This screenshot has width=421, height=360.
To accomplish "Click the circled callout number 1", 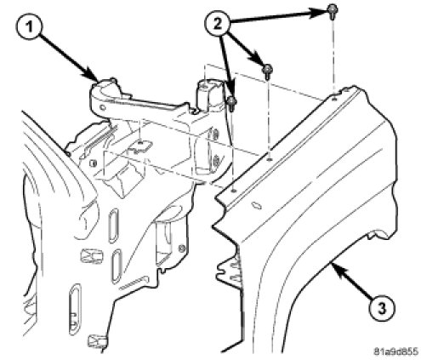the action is (29, 27).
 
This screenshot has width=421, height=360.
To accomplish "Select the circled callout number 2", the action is (218, 24).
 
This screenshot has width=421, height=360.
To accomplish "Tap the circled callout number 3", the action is (382, 309).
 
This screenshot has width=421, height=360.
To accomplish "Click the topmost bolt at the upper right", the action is (332, 11).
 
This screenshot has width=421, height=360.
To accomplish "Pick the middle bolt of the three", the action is (267, 71).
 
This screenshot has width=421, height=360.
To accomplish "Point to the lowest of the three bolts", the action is (232, 103).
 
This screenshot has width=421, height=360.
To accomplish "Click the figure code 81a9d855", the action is (395, 351).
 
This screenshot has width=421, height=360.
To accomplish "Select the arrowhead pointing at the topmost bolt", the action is (320, 13).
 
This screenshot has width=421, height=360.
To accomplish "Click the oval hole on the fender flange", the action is (257, 206).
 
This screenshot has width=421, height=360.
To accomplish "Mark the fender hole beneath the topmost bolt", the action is (334, 99).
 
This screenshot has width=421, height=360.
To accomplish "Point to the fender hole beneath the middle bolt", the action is (270, 160).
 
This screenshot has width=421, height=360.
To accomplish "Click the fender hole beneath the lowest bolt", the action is (233, 191).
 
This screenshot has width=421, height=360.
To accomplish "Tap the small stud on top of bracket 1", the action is (113, 80).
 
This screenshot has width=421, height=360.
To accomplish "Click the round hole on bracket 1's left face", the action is (103, 107).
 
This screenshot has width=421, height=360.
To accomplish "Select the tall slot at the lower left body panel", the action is (73, 310).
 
